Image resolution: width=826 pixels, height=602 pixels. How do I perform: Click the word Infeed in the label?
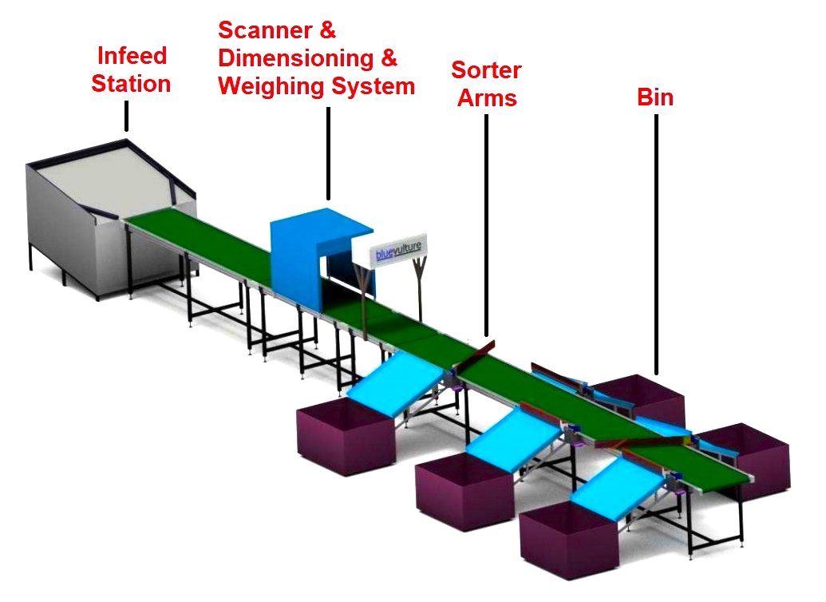[132, 57]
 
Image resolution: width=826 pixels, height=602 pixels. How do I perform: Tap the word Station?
[132, 84]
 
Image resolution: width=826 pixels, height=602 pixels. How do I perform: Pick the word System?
[371, 86]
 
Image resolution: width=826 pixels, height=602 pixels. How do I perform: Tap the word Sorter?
[486, 70]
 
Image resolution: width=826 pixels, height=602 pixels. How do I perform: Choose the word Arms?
[486, 98]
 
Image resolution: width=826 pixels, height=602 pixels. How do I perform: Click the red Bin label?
[655, 97]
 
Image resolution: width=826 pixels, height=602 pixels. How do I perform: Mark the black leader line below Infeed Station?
[125, 119]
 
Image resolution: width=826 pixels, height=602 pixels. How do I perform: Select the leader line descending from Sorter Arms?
[485, 224]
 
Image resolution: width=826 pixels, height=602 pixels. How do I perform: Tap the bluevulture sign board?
[399, 250]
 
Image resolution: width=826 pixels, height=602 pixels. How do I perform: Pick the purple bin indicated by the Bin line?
[642, 395]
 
